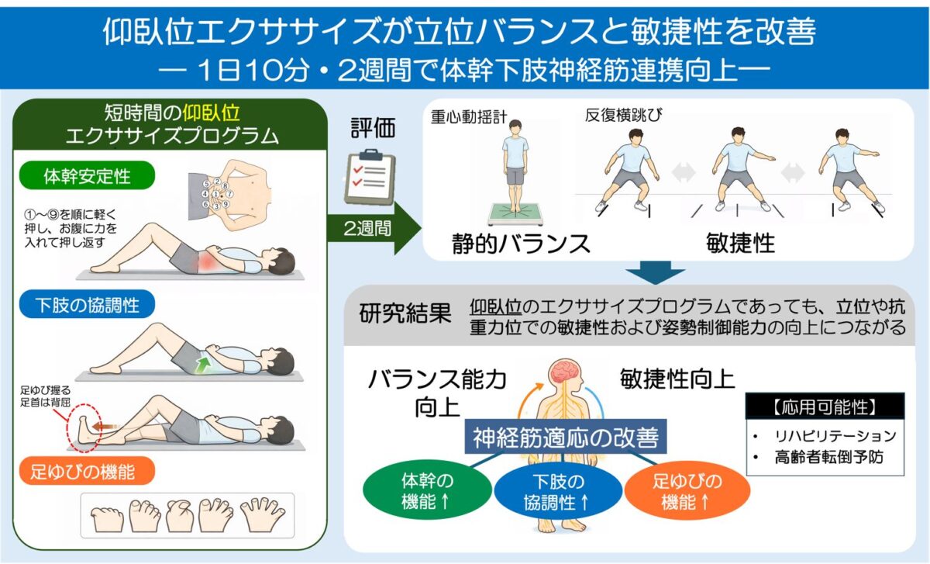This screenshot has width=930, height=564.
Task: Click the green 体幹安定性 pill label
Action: [87, 175]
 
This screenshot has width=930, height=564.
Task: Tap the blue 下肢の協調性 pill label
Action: [87, 304]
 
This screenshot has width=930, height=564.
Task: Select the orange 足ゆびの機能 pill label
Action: [87, 471]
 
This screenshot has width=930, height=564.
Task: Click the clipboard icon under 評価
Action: [370, 177]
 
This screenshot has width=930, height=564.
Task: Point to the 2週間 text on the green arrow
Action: [367, 228]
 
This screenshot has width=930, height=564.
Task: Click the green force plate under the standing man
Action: [515, 213]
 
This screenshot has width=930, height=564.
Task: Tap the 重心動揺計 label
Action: [469, 117]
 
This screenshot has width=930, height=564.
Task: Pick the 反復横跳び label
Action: [624, 115]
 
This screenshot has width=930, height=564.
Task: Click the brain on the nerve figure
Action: [564, 372]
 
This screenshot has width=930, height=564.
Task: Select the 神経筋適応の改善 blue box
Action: [566, 437]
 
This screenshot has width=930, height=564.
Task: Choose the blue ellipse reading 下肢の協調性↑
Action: [558, 491]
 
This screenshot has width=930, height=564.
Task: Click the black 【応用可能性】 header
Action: [825, 406]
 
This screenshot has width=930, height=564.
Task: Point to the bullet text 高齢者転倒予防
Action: [828, 457]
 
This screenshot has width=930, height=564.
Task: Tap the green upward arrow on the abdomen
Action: [203, 364]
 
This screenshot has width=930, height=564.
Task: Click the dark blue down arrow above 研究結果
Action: [655, 272]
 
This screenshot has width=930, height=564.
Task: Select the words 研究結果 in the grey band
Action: [405, 313]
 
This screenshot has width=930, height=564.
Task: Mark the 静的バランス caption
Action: [521, 244]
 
